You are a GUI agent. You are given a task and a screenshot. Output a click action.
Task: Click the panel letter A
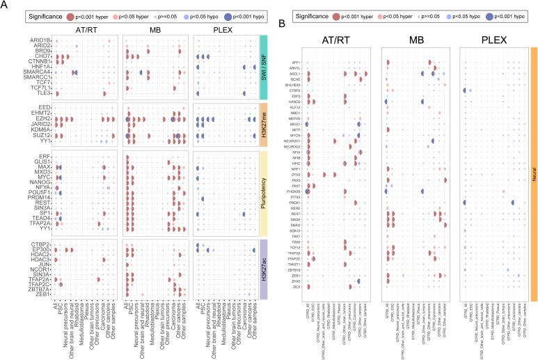tap(6, 6)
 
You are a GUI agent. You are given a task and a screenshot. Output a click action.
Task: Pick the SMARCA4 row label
tap(38, 72)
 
